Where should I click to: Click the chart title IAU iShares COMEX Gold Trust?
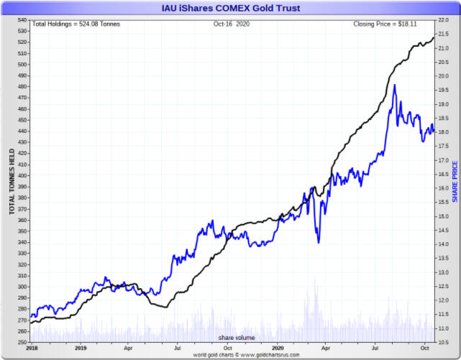click(x=230, y=8)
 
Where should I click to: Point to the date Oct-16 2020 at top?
click(x=229, y=24)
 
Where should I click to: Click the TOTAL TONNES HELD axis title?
click(x=12, y=181)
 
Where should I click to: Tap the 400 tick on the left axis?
click(x=21, y=175)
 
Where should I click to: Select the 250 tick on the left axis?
click(x=21, y=342)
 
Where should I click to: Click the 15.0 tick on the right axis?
click(x=444, y=216)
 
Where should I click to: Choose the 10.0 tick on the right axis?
click(x=444, y=342)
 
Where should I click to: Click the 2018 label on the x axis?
click(x=32, y=347)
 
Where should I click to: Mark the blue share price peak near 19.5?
click(x=395, y=85)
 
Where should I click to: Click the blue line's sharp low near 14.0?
click(x=319, y=242)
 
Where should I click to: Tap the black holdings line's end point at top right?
click(x=434, y=37)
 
